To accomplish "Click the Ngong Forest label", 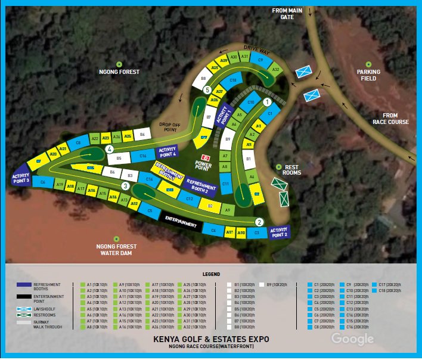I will click(x=119, y=72).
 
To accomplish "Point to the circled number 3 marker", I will click(x=125, y=186).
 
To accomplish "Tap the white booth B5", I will click(x=119, y=159).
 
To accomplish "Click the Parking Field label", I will click(x=368, y=75).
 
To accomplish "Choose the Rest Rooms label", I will click(x=292, y=170).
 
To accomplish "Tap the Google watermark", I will click(x=352, y=339).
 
